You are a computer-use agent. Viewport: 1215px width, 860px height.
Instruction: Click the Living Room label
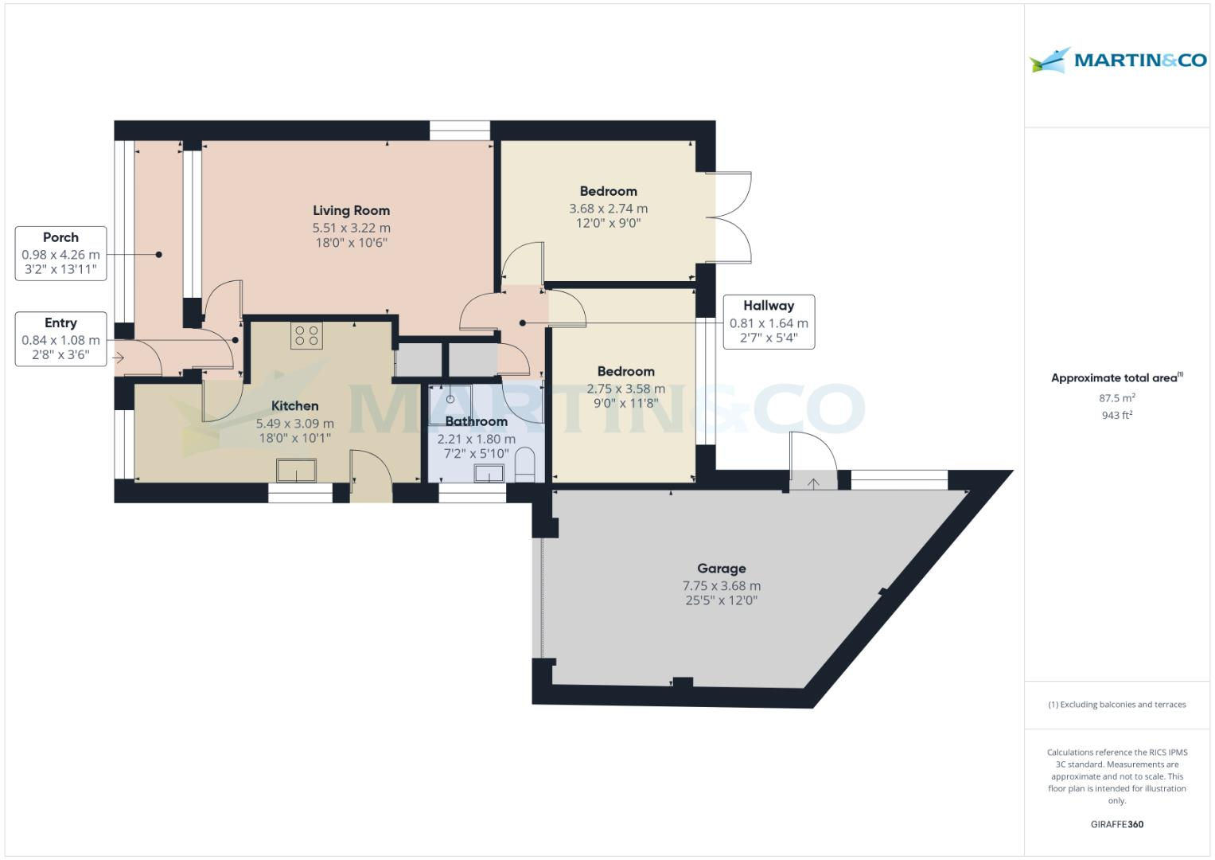pyautogui.click(x=351, y=210)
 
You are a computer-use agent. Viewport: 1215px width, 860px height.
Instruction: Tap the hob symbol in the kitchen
pyautogui.click(x=306, y=336)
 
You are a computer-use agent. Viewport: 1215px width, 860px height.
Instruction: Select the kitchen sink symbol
pyautogui.click(x=296, y=471)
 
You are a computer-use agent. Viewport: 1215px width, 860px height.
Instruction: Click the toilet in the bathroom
pyautogui.click(x=525, y=465)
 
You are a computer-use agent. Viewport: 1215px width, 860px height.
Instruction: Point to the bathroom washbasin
pyautogui.click(x=489, y=474)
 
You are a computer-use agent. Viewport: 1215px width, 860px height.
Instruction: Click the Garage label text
pyautogui.click(x=722, y=569)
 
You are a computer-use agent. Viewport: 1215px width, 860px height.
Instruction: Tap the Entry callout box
pyautogui.click(x=60, y=338)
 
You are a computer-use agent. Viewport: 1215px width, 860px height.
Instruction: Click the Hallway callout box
pyautogui.click(x=769, y=322)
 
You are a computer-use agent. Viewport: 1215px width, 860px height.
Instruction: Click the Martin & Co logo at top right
pyautogui.click(x=1118, y=61)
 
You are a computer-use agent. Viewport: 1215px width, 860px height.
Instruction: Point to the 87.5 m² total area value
pyautogui.click(x=1117, y=398)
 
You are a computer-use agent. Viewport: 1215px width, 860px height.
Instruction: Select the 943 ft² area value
pyautogui.click(x=1117, y=415)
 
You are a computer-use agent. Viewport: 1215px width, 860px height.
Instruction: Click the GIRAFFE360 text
pyautogui.click(x=1117, y=824)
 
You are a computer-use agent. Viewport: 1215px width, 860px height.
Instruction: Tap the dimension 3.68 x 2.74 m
pyautogui.click(x=608, y=209)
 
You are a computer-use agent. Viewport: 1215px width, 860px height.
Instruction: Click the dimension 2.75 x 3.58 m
pyautogui.click(x=626, y=389)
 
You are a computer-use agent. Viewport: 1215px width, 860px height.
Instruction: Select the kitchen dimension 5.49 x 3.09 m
pyautogui.click(x=294, y=424)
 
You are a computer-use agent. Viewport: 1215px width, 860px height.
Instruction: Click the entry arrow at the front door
pyautogui.click(x=119, y=358)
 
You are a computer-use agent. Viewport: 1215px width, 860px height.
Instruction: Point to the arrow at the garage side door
pyautogui.click(x=813, y=483)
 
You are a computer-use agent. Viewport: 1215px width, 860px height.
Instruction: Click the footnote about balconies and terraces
pyautogui.click(x=1117, y=705)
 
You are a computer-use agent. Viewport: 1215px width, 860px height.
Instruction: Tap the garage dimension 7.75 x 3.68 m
pyautogui.click(x=722, y=586)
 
